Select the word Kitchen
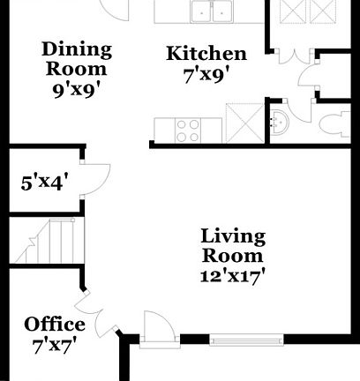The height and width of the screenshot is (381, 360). coord(206,54)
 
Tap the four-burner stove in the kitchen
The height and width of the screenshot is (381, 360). coord(187,130)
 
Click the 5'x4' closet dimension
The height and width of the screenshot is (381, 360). coord(45,183)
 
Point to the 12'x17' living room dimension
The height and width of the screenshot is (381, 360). coord(233,274)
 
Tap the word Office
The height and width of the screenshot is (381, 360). coord(55,324)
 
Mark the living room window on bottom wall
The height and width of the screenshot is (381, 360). coord(246,337)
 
